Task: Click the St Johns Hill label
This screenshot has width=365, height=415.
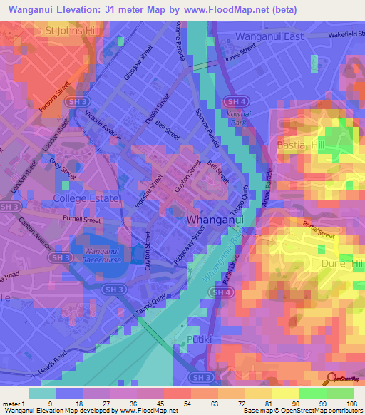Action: pos(71,31)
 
